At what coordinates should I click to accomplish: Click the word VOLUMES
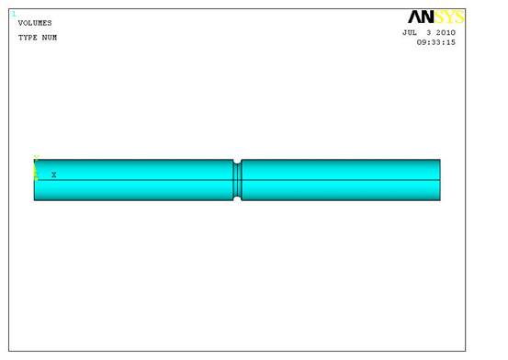coord(35,23)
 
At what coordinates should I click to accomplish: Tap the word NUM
coord(50,38)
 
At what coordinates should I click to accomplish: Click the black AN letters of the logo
coord(421,17)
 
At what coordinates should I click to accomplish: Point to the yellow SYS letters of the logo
coord(448,17)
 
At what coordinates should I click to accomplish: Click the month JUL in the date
coord(410,33)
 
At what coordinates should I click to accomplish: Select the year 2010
coord(446,33)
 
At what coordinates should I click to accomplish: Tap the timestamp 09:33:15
coord(436,42)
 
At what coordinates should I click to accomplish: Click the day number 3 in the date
coord(429,33)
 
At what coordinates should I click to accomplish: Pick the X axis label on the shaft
coord(54,175)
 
